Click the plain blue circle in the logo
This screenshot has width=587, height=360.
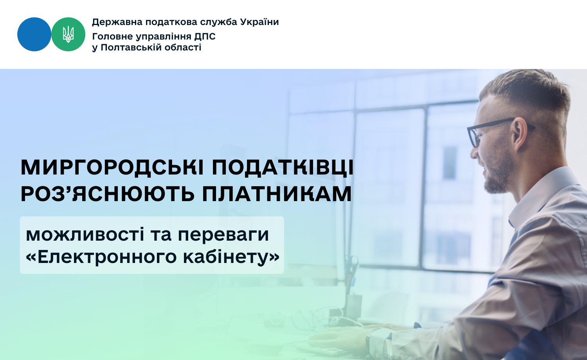click(x=34, y=34)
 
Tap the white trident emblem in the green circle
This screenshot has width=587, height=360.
click(x=68, y=34)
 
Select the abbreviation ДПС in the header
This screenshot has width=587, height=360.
click(x=205, y=37)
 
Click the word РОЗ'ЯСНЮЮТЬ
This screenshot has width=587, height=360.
click(x=108, y=194)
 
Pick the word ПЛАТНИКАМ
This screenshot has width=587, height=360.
click(x=277, y=194)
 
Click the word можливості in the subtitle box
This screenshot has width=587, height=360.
click(x=85, y=234)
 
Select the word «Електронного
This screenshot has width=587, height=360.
click(x=101, y=257)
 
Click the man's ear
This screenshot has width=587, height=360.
click(x=520, y=134)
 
